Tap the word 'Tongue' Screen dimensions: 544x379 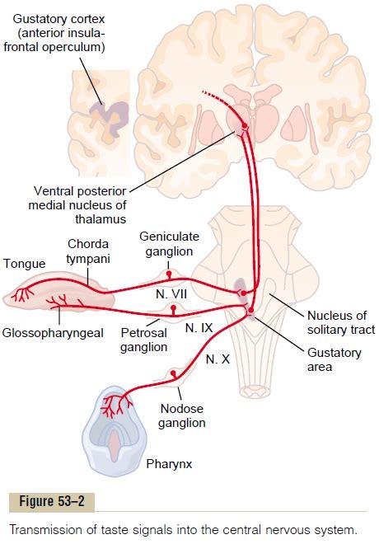(24, 264)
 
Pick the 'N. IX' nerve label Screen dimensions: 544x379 (199, 328)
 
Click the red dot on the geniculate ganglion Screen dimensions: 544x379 (169, 274)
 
